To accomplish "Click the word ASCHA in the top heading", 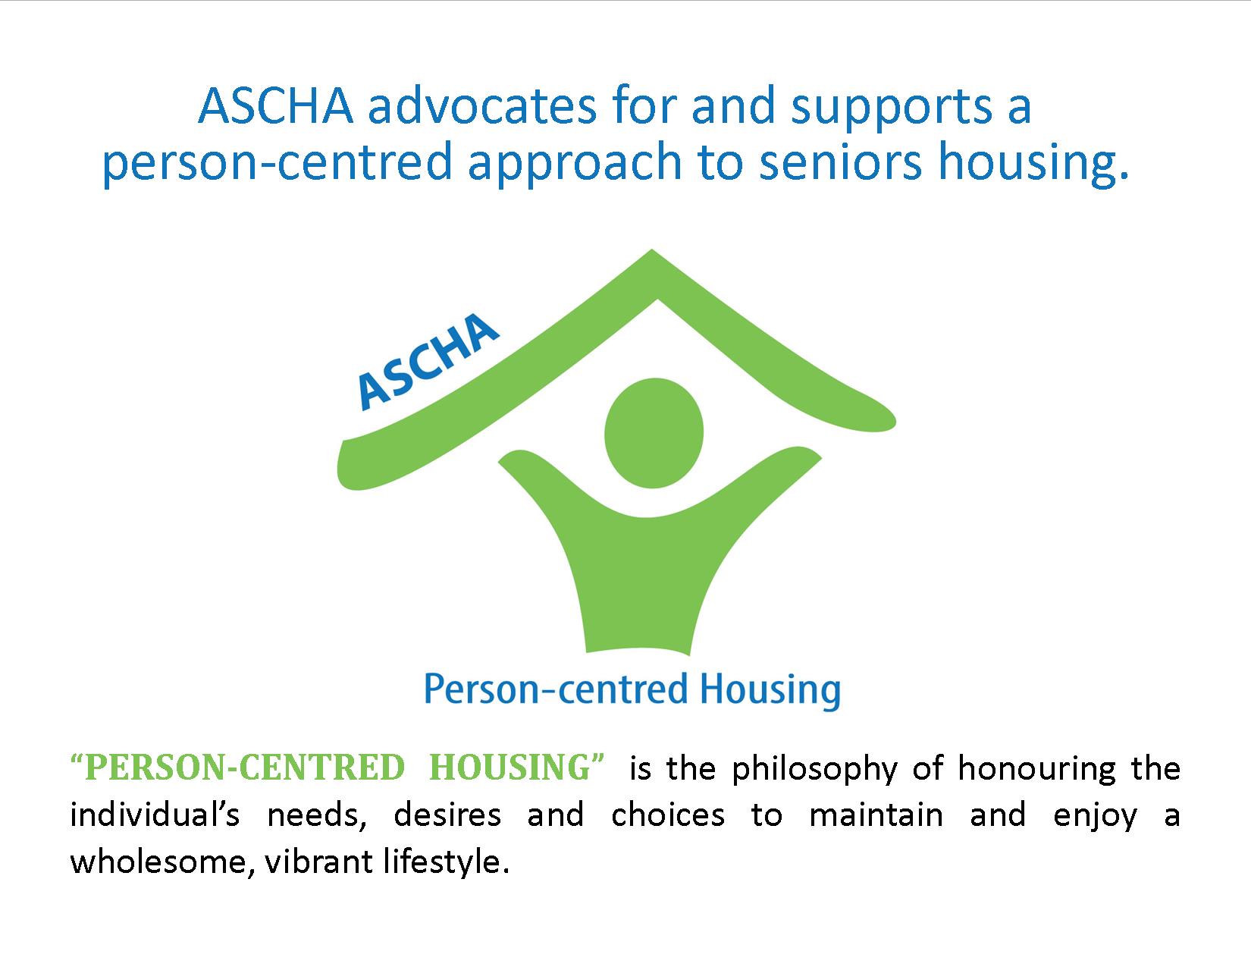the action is [x=276, y=105].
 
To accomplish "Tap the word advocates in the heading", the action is [x=482, y=105].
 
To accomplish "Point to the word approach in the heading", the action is [x=575, y=162].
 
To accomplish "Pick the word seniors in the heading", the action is [x=841, y=162].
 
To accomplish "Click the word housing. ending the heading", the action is [x=1033, y=162].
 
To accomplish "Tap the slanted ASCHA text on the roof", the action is [x=427, y=361].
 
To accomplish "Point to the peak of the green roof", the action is [x=652, y=250].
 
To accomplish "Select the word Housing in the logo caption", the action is [x=770, y=690].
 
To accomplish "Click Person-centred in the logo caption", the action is [x=556, y=689].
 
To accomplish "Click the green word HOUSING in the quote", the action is [x=510, y=769].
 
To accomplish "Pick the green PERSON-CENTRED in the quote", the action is [x=245, y=769].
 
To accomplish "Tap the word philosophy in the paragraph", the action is [x=814, y=770].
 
